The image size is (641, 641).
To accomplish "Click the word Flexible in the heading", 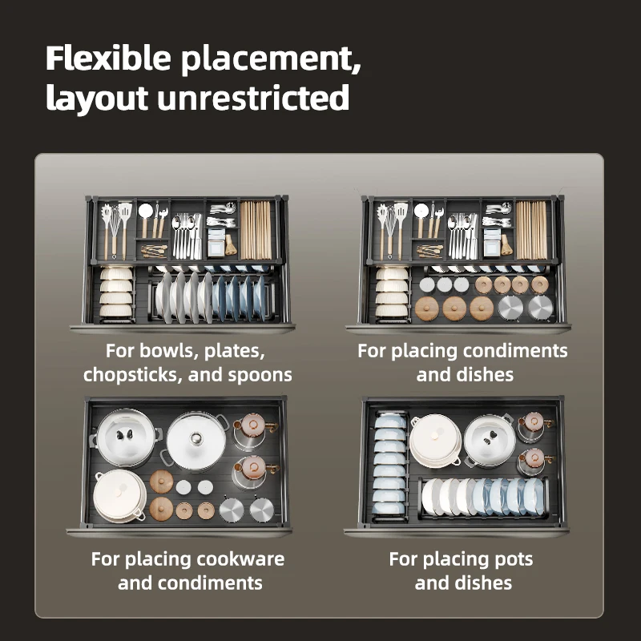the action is (108, 58).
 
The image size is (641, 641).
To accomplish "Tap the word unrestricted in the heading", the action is (253, 98).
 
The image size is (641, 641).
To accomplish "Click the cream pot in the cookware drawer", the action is (119, 496).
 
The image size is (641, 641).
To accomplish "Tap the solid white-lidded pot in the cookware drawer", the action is (196, 440).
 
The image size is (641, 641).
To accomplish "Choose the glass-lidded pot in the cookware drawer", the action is (125, 437).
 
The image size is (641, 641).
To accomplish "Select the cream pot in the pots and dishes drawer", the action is (435, 441).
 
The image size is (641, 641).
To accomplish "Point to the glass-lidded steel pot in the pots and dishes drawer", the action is (490, 440).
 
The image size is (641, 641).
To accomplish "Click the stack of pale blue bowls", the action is (390, 466).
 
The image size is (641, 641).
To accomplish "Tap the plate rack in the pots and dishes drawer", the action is (484, 498).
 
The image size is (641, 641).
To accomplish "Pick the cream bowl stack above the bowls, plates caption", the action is (116, 292).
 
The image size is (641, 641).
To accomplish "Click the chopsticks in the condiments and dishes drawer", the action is (531, 230).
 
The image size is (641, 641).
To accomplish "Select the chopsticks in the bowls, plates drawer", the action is (256, 230).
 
